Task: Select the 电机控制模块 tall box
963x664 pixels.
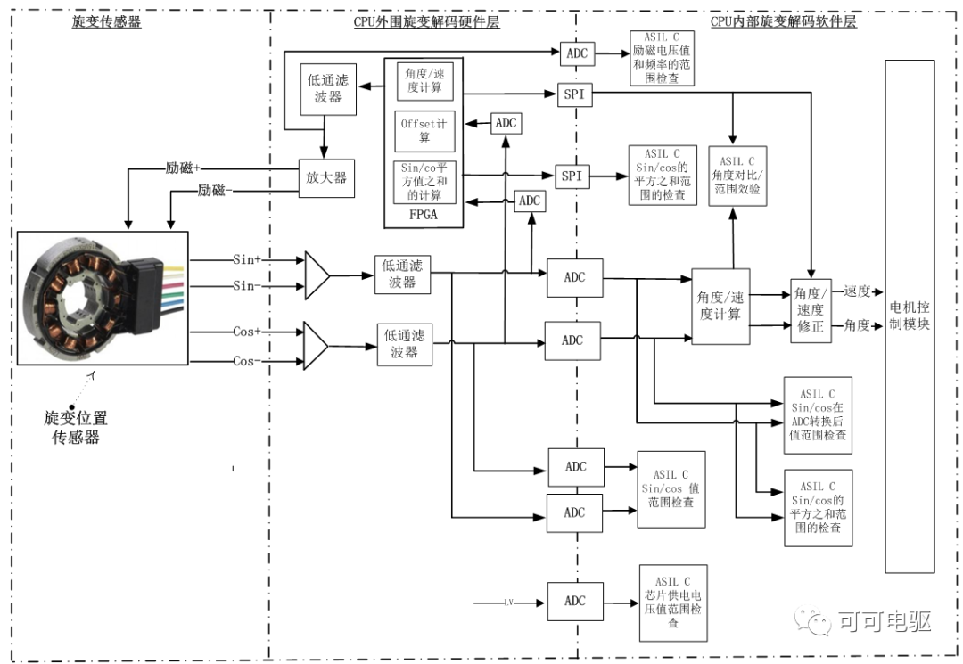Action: pyautogui.click(x=909, y=316)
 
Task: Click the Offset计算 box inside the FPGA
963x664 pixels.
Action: pyautogui.click(x=425, y=131)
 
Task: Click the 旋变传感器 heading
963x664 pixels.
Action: pyautogui.click(x=106, y=22)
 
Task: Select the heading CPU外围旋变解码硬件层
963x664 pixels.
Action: pyautogui.click(x=426, y=22)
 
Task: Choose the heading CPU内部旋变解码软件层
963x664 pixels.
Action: pyautogui.click(x=783, y=22)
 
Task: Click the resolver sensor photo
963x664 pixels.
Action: pyautogui.click(x=103, y=297)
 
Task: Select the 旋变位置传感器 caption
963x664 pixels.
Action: pyautogui.click(x=75, y=427)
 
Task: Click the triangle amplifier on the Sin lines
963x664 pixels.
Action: pyautogui.click(x=317, y=275)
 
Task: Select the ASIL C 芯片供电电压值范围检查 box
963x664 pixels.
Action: pyautogui.click(x=672, y=602)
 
